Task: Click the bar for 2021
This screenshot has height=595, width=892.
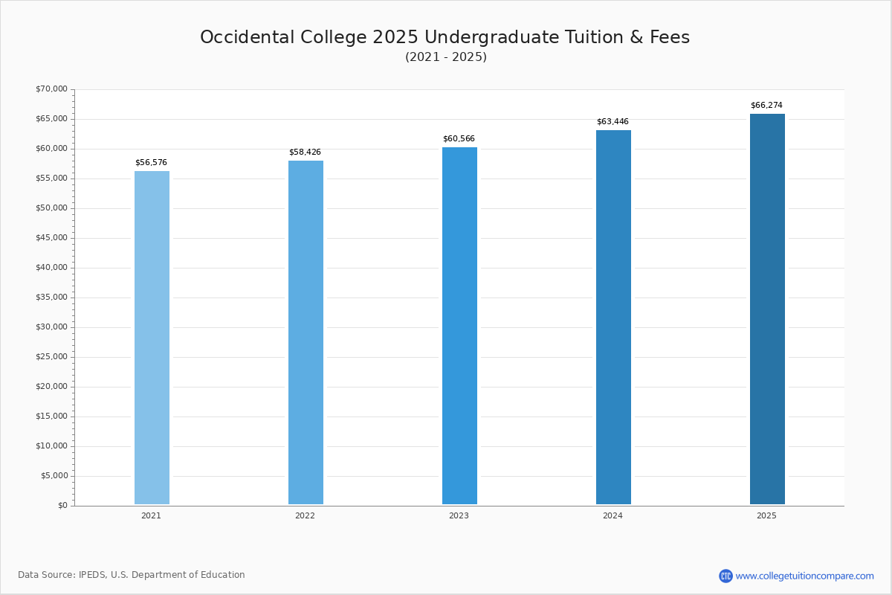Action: click(152, 338)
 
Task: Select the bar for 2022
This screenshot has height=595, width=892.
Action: click(306, 332)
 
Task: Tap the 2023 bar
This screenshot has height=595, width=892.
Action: click(459, 326)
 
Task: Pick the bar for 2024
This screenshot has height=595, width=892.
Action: click(613, 318)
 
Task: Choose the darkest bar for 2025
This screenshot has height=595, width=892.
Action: click(767, 309)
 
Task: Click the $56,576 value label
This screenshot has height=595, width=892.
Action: click(151, 163)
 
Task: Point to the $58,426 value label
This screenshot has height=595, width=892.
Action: click(305, 152)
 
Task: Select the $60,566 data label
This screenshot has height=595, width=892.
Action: click(459, 139)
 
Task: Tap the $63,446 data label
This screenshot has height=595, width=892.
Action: click(613, 122)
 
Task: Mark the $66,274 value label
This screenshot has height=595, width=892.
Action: click(766, 106)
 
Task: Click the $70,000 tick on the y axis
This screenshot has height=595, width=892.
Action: click(51, 89)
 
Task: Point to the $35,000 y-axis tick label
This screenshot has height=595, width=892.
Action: click(51, 297)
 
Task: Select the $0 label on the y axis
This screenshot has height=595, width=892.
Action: click(62, 506)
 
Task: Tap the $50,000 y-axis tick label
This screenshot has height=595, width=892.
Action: click(51, 208)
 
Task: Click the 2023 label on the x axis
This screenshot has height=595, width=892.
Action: click(459, 516)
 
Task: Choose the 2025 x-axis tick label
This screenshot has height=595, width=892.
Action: click(766, 516)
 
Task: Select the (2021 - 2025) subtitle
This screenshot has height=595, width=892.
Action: click(446, 57)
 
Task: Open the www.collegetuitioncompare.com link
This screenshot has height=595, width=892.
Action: click(804, 576)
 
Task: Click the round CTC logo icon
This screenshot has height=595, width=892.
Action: click(725, 576)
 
